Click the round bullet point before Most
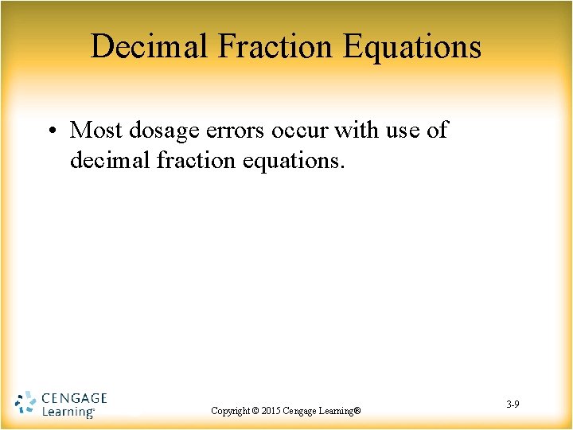coord(53,131)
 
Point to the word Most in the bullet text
coord(96,130)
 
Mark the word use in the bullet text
coord(405,130)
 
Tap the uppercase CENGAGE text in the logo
coord(73,397)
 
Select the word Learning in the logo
coord(67,412)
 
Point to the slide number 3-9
coord(513,405)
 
